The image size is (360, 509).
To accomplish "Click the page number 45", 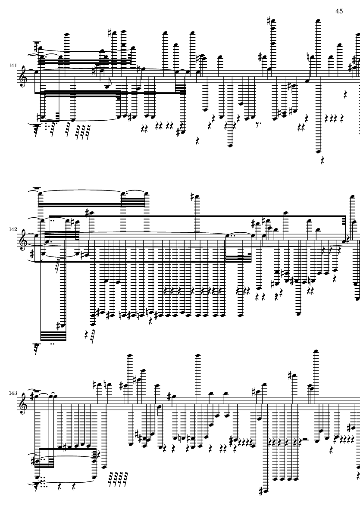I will tap(339, 11).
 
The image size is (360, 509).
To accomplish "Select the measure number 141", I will tap(13, 66).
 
